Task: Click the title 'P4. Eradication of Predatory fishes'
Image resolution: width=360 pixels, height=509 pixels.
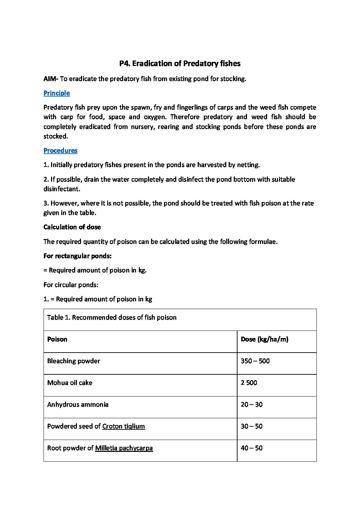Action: click(180, 64)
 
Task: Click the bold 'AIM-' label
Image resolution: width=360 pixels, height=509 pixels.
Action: click(51, 79)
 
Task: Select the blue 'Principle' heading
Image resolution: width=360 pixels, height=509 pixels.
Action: click(56, 93)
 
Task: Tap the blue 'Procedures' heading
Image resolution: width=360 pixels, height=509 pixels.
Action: click(60, 151)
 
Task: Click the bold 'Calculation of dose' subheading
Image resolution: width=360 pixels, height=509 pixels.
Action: click(72, 227)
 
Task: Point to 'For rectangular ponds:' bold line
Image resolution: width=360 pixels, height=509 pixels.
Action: click(78, 256)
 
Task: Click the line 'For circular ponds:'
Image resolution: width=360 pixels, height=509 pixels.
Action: click(71, 285)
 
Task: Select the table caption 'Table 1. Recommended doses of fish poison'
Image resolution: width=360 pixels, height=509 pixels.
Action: click(112, 318)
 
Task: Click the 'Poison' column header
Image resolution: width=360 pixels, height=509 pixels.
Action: click(57, 339)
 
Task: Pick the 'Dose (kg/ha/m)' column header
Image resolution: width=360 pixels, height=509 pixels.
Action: click(264, 339)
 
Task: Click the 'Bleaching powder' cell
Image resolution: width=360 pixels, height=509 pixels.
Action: click(73, 361)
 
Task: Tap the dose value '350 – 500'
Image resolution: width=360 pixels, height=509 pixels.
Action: click(255, 361)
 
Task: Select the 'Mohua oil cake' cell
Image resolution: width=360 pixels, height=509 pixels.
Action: click(70, 383)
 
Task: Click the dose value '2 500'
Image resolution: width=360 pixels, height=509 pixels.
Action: click(249, 383)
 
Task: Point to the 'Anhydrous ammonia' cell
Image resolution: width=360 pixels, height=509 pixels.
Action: click(78, 405)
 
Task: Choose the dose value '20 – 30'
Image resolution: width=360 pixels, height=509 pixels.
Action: click(251, 405)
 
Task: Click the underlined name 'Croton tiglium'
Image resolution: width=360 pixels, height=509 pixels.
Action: click(124, 426)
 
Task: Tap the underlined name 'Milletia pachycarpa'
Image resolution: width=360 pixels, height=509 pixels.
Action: click(124, 448)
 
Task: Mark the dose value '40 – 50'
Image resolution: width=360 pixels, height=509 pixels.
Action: click(251, 448)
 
